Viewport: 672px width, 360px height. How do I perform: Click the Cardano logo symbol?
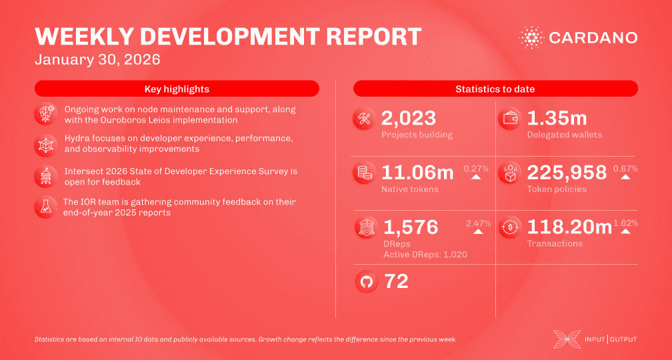click(x=531, y=37)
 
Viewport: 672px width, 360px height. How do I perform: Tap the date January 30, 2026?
click(x=97, y=59)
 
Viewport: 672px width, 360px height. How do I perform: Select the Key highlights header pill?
click(x=177, y=89)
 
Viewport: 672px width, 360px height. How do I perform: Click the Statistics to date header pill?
click(x=495, y=89)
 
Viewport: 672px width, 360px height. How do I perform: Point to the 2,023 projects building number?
click(x=409, y=119)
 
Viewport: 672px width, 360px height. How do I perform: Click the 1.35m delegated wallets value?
click(x=557, y=119)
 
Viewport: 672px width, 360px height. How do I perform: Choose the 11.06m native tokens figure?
click(x=417, y=173)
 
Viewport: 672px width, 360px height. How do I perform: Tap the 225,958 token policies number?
click(x=567, y=173)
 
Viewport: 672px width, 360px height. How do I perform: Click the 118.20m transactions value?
click(x=569, y=227)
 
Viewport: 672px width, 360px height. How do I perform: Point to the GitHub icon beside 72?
click(x=366, y=281)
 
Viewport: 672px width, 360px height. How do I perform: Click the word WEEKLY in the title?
click(x=77, y=37)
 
